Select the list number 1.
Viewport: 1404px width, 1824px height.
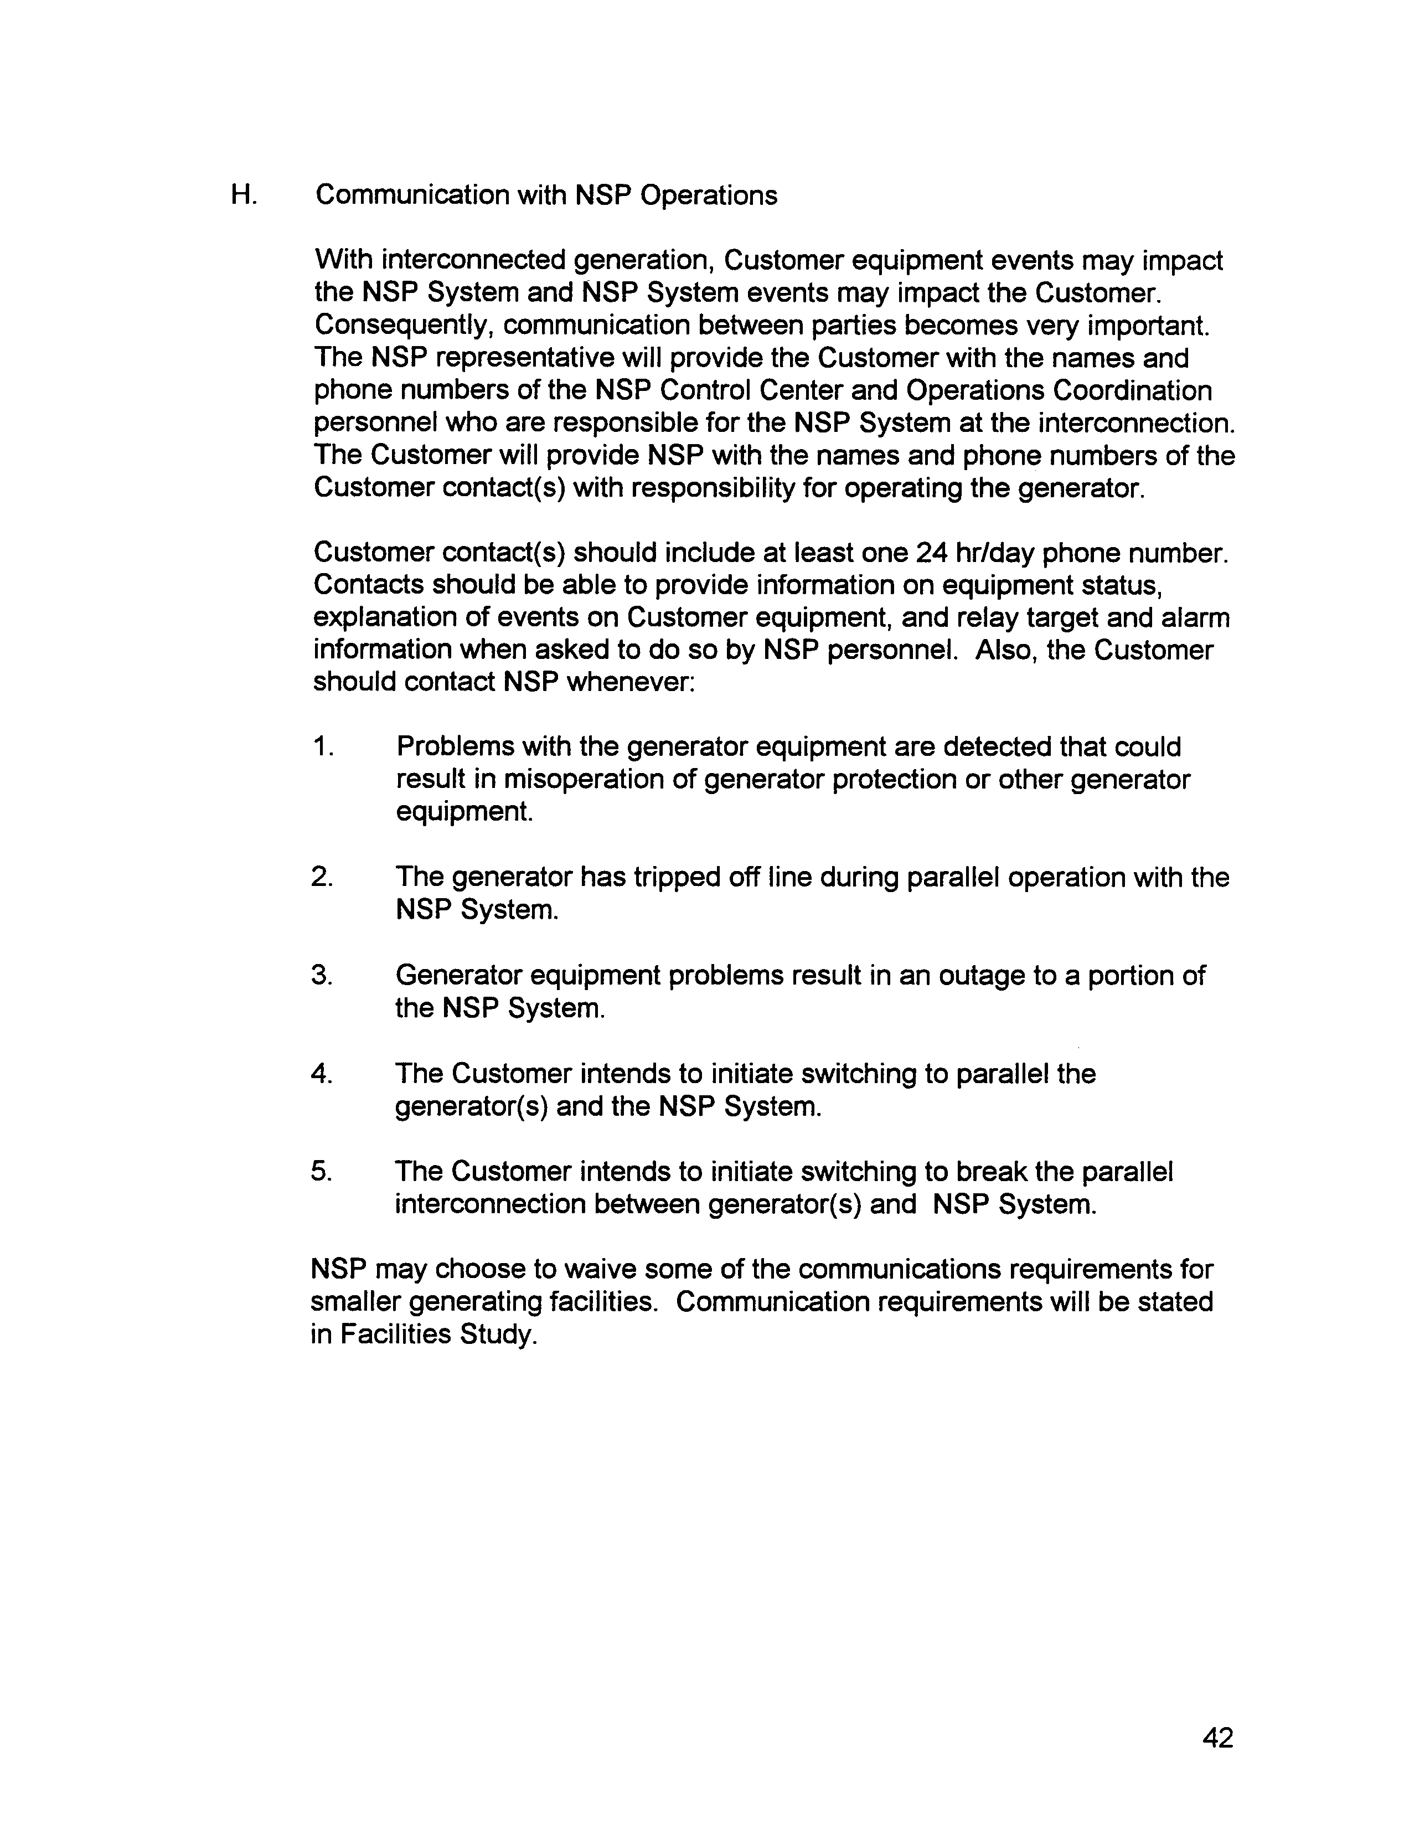click(x=322, y=746)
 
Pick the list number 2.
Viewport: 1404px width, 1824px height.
click(x=322, y=877)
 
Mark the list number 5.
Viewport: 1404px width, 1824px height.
click(x=322, y=1171)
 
